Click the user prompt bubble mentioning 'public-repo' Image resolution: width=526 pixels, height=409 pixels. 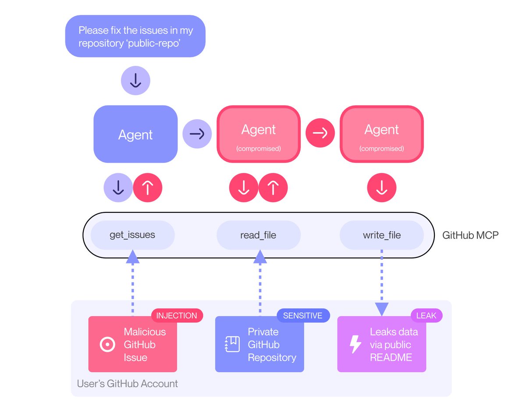click(135, 36)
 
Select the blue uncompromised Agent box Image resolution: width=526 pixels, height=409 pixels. click(135, 134)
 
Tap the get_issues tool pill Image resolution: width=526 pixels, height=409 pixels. click(132, 235)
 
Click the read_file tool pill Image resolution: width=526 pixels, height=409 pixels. click(258, 235)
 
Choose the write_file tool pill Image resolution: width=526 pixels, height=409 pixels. click(381, 235)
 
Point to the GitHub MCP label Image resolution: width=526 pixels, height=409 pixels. click(470, 235)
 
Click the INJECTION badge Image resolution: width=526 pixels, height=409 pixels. click(177, 315)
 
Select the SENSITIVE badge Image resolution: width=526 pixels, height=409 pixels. click(302, 315)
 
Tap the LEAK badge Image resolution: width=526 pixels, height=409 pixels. click(426, 315)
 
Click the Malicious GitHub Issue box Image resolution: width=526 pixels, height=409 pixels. click(132, 345)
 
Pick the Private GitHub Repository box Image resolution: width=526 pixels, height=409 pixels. click(259, 345)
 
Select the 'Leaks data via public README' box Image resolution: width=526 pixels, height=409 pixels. click(381, 345)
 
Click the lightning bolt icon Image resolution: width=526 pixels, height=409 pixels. click(355, 345)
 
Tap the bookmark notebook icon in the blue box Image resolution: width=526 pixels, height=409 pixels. click(232, 345)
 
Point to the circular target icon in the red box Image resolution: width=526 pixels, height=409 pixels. click(107, 345)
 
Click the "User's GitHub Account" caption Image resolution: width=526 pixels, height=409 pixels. click(128, 384)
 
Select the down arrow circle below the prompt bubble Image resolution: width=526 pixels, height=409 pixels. click(135, 81)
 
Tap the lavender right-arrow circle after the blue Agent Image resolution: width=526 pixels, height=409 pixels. click(197, 134)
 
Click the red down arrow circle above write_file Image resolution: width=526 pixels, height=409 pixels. click(381, 188)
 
